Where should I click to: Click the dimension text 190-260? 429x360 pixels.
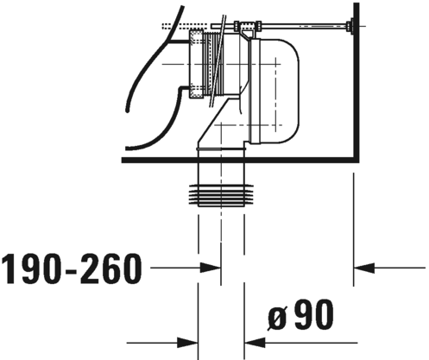(x=72, y=268)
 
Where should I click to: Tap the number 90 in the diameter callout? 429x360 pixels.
(x=314, y=314)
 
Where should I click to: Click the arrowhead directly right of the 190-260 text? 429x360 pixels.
(x=211, y=268)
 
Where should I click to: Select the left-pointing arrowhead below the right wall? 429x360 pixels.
(x=364, y=268)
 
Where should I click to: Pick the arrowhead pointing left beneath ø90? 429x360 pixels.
(x=255, y=343)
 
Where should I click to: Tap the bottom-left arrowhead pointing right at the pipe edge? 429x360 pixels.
(x=187, y=343)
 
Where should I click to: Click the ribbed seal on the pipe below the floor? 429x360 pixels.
(x=221, y=194)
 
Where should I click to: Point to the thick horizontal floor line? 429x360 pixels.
(x=240, y=160)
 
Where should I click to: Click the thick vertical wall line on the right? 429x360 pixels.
(x=356, y=82)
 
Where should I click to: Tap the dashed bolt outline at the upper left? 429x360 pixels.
(x=185, y=26)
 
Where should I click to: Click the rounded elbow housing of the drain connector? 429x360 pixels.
(x=274, y=91)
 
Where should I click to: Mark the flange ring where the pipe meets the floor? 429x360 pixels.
(x=221, y=149)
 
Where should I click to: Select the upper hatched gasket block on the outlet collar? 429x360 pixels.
(x=196, y=37)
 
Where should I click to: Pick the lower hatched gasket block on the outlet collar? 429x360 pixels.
(x=196, y=91)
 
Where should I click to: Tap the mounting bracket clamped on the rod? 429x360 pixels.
(x=247, y=28)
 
